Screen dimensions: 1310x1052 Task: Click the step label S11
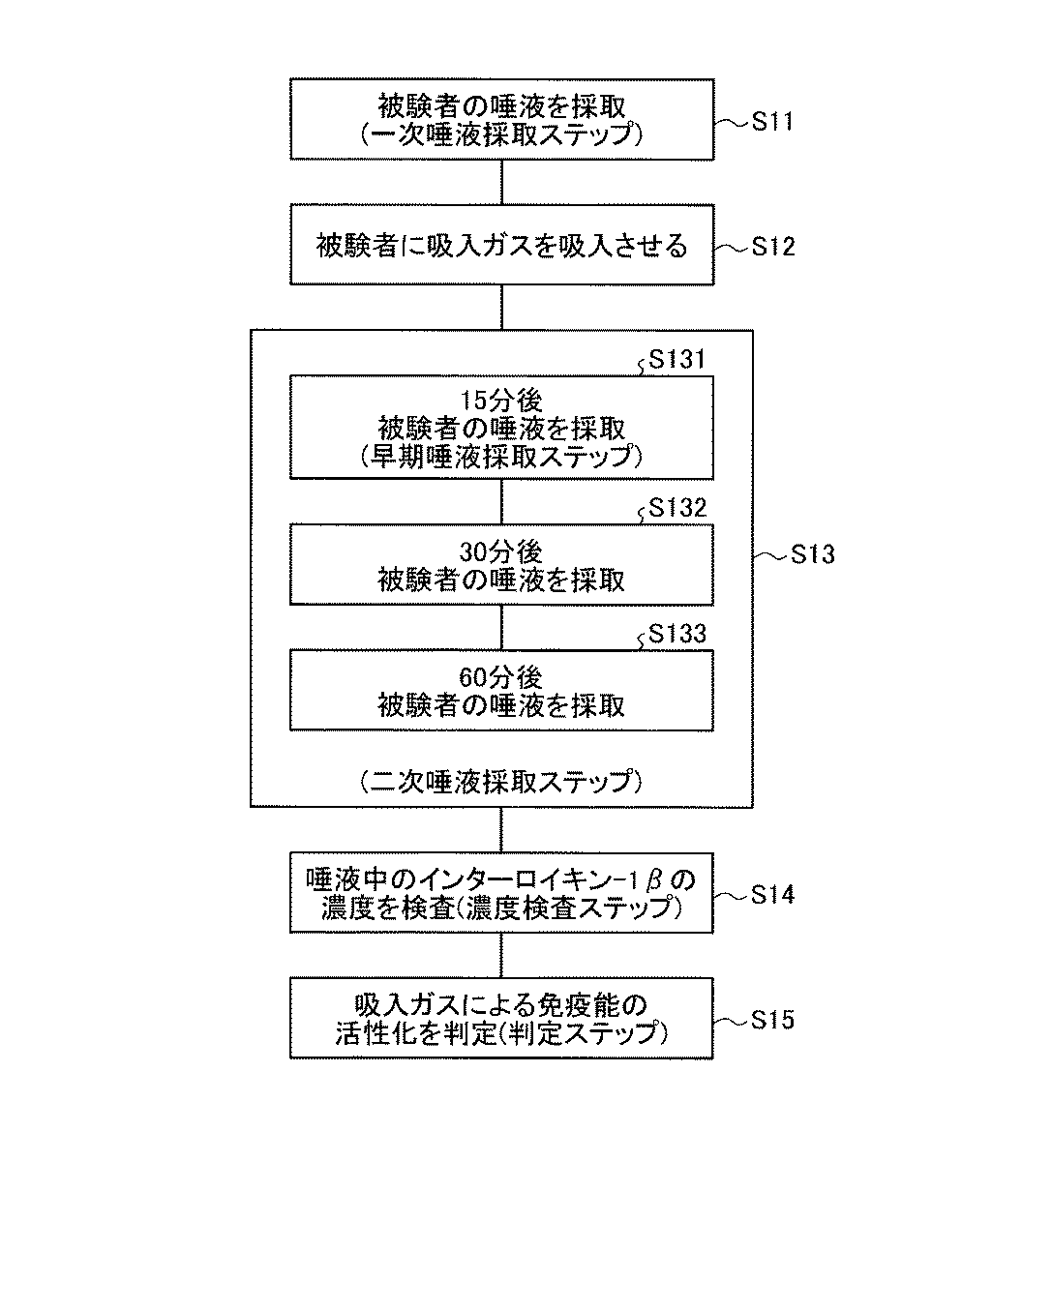(x=773, y=122)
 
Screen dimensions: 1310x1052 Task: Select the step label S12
(x=773, y=247)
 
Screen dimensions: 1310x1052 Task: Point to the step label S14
(x=773, y=895)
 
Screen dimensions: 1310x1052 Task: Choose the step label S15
(x=773, y=1020)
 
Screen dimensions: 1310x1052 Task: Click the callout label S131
(x=676, y=361)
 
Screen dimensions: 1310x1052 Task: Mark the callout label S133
(x=676, y=634)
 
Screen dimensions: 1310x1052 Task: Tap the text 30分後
(x=501, y=552)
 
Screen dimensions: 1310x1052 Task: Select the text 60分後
(x=501, y=677)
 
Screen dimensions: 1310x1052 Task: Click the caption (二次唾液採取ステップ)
(x=501, y=781)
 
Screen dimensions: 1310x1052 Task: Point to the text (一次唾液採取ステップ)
(x=501, y=134)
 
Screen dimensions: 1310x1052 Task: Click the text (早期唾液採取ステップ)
(x=501, y=455)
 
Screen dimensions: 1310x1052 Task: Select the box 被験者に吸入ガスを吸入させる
(x=501, y=245)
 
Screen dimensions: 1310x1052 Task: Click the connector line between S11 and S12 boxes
(x=501, y=182)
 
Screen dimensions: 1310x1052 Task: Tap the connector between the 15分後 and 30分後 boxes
(x=501, y=502)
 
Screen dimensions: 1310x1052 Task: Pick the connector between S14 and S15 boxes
(x=501, y=955)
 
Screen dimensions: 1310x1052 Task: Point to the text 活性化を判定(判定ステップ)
(x=501, y=1033)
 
